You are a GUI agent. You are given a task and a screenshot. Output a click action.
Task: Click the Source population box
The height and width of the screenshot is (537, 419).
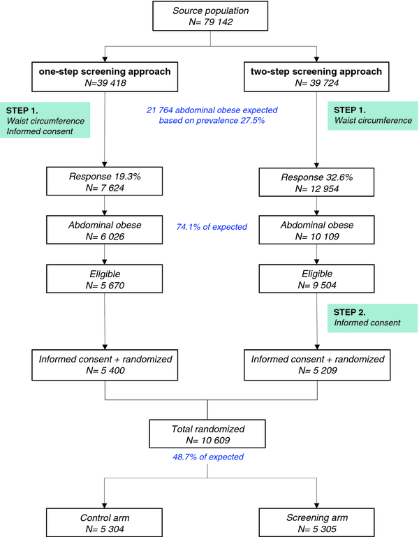coord(210,16)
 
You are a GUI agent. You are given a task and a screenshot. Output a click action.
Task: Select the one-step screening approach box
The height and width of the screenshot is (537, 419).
coord(105,77)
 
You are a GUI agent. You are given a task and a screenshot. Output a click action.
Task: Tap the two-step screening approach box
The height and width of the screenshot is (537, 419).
coord(316,77)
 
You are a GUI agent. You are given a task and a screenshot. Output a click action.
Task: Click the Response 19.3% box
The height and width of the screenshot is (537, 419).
coord(105,181)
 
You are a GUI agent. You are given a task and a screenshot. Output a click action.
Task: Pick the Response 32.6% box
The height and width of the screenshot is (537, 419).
coord(316,182)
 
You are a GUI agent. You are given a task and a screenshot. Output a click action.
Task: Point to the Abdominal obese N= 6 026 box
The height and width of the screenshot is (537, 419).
coord(105,230)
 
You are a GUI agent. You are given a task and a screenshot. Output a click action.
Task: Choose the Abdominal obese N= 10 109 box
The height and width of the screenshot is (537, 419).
coord(316,230)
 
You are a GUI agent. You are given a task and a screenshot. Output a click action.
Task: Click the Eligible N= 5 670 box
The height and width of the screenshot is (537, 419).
coord(105,279)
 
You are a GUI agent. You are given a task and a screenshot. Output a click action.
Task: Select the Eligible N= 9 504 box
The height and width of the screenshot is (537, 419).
coord(316,279)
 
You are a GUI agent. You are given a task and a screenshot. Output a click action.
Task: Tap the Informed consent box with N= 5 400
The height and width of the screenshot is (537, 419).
coord(105,365)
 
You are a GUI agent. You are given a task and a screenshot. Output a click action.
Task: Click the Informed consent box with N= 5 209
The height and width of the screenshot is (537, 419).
coord(317,365)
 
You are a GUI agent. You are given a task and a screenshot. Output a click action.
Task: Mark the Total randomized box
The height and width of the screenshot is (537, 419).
coord(207,434)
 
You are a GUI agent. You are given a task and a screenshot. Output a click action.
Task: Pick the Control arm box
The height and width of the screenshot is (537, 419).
coord(105,522)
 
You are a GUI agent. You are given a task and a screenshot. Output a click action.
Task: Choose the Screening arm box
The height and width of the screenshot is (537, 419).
coord(316,522)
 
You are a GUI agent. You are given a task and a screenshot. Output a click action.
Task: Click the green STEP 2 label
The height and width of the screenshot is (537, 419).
coord(373,318)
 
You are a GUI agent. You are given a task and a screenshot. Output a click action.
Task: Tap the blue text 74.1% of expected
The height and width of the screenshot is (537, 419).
coord(212,227)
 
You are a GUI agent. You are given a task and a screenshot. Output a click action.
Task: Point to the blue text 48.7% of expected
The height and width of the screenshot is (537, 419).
coord(208,457)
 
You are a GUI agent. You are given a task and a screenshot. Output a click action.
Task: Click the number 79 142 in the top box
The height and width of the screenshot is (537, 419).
coord(219,22)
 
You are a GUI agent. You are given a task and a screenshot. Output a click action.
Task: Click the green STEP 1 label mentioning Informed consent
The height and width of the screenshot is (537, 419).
coord(45,120)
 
